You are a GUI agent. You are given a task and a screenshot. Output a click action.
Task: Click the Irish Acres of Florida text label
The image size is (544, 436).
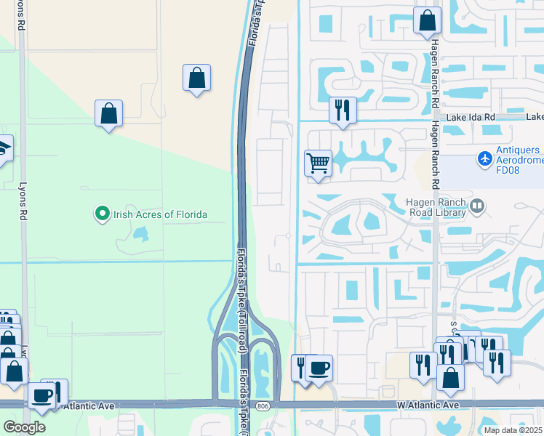tap(159, 214)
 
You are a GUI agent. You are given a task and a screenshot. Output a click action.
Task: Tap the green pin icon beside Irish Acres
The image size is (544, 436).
tap(102, 214)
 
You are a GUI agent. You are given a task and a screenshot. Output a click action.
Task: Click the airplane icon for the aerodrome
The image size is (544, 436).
tap(485, 158)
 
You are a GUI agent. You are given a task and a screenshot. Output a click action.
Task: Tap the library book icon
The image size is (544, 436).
tap(478, 206)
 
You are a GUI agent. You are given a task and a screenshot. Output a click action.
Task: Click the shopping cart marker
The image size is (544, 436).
tap(318, 163)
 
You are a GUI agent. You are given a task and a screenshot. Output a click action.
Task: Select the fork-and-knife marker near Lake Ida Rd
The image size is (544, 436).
tap(343, 110)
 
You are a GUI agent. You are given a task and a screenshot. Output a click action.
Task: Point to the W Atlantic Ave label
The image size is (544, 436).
tap(428, 405)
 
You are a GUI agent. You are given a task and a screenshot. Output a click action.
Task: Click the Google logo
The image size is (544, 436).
tap(24, 427)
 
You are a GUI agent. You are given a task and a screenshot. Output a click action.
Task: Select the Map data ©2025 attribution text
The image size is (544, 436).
tap(513, 430)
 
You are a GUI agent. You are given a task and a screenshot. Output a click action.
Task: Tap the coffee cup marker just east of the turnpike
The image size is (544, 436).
tap(319, 368)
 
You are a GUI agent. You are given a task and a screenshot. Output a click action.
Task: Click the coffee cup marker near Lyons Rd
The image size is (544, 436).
tap(42, 397)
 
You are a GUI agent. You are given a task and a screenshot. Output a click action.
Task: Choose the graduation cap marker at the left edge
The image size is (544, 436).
tap(3, 149)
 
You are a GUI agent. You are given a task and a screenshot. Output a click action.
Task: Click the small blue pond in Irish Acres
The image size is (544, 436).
tap(140, 234)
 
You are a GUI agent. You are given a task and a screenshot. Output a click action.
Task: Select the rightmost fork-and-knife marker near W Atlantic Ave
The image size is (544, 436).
tap(497, 363)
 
